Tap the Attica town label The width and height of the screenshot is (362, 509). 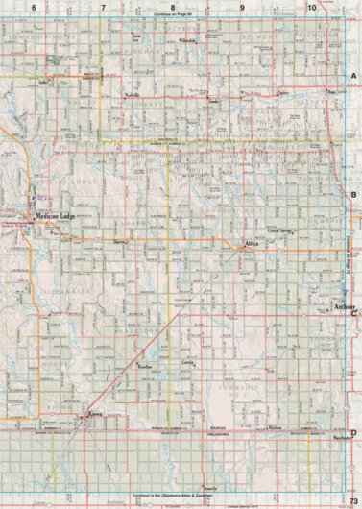tap(252, 244)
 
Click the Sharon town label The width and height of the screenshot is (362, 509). tap(119, 243)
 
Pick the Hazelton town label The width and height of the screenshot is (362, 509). tap(147, 367)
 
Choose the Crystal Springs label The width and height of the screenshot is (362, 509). tap(280, 230)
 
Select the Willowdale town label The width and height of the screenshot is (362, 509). tap(187, 43)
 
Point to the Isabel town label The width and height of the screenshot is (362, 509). tap(42, 83)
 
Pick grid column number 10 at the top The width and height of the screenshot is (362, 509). tap(312, 7)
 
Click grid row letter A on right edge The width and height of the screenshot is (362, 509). tap(354, 76)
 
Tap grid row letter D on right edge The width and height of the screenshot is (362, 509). tap(354, 406)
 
